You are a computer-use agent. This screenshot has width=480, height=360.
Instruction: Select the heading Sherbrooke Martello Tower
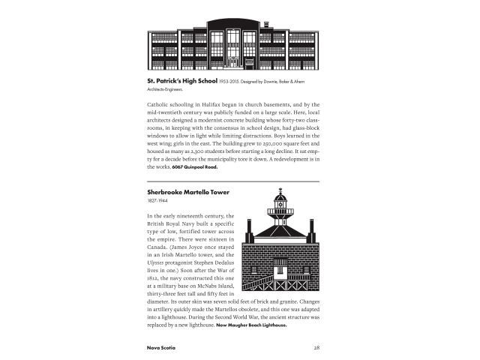point(188,192)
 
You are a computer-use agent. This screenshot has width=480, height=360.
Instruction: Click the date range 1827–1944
point(157,202)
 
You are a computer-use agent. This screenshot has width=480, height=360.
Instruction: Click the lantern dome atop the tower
point(281,196)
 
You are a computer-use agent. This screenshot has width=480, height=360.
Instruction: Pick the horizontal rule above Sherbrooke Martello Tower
point(234,181)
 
